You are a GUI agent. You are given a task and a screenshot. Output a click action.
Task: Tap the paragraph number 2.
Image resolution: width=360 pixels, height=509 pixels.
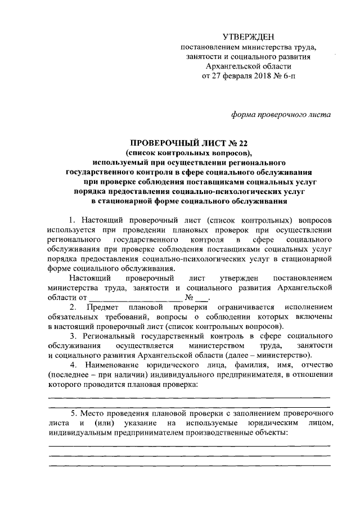(x=72, y=308)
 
